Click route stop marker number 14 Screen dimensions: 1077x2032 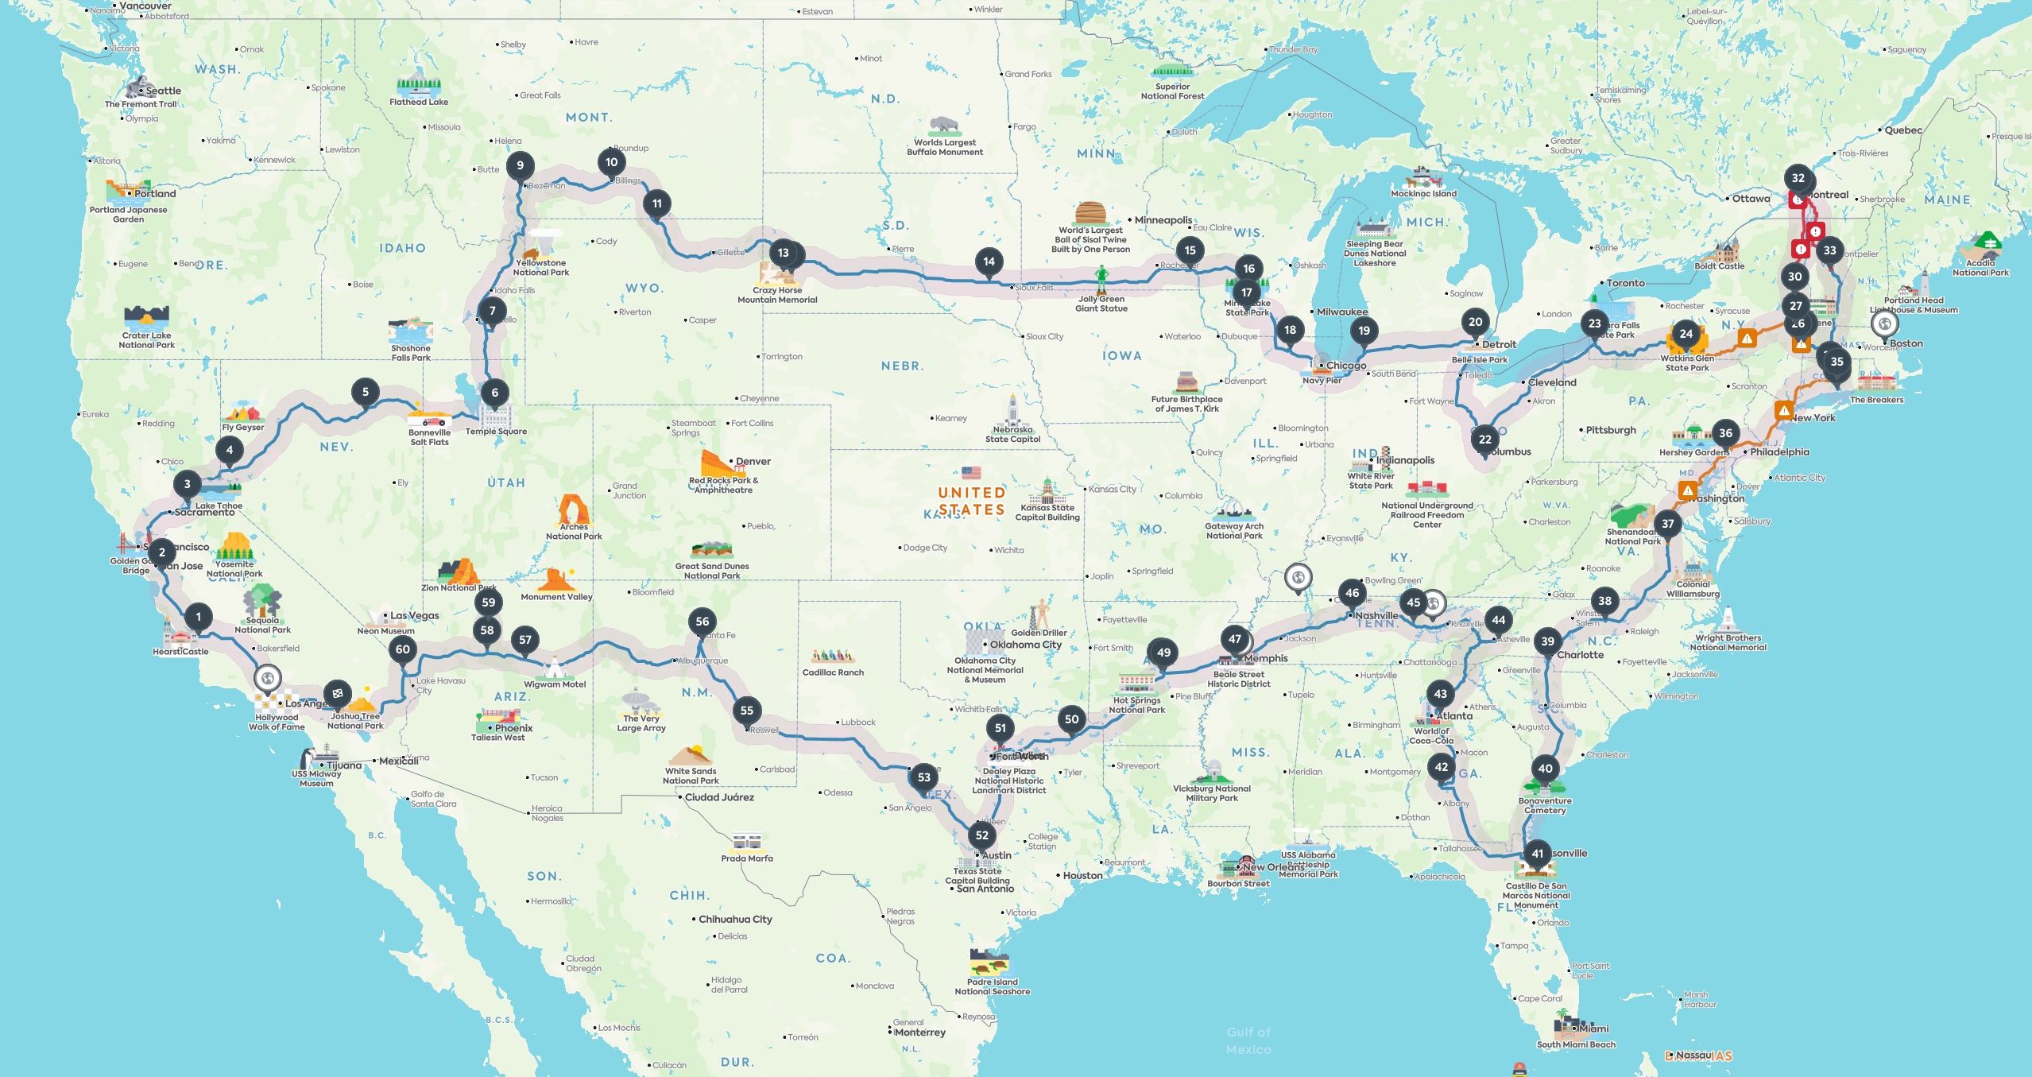pos(989,262)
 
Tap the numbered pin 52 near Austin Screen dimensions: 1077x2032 pos(982,835)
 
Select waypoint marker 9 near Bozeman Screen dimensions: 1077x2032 pos(521,166)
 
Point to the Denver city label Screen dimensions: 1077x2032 pos(753,461)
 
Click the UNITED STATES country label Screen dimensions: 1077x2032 pos(972,501)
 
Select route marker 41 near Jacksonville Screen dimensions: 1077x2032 pos(1537,854)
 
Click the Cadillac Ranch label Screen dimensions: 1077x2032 pos(833,672)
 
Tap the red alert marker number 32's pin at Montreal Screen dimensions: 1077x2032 pos(1798,179)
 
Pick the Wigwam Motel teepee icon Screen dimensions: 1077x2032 pos(552,667)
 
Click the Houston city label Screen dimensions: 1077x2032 pos(1082,875)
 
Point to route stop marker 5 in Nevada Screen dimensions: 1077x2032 pos(366,392)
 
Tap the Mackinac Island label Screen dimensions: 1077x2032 pos(1423,194)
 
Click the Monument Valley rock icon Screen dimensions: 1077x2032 pos(555,579)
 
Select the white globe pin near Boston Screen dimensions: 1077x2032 pos(1884,323)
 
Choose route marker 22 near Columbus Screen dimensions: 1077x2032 pos(1484,440)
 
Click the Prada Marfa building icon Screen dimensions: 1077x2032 pos(746,842)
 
